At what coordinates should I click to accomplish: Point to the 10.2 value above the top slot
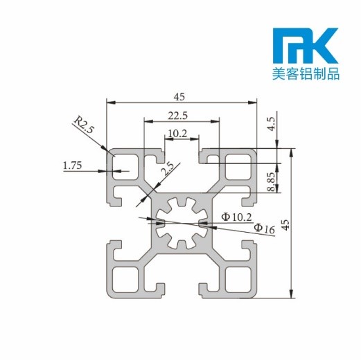pos(177,132)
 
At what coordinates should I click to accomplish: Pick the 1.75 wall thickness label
pos(72,165)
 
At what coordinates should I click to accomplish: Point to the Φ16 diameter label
pos(265,228)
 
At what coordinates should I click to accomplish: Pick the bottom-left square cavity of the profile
pos(125,279)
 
